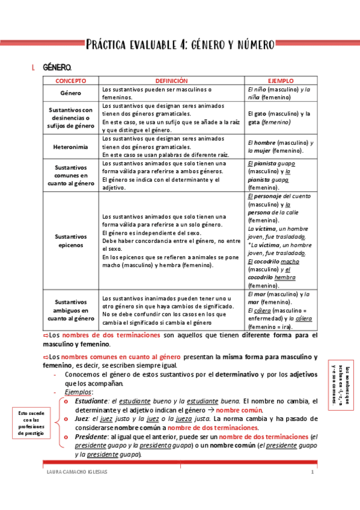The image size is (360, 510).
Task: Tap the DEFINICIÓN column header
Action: tap(172, 80)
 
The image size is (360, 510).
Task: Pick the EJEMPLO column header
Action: tap(281, 80)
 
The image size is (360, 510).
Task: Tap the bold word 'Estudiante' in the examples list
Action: tap(92, 401)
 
